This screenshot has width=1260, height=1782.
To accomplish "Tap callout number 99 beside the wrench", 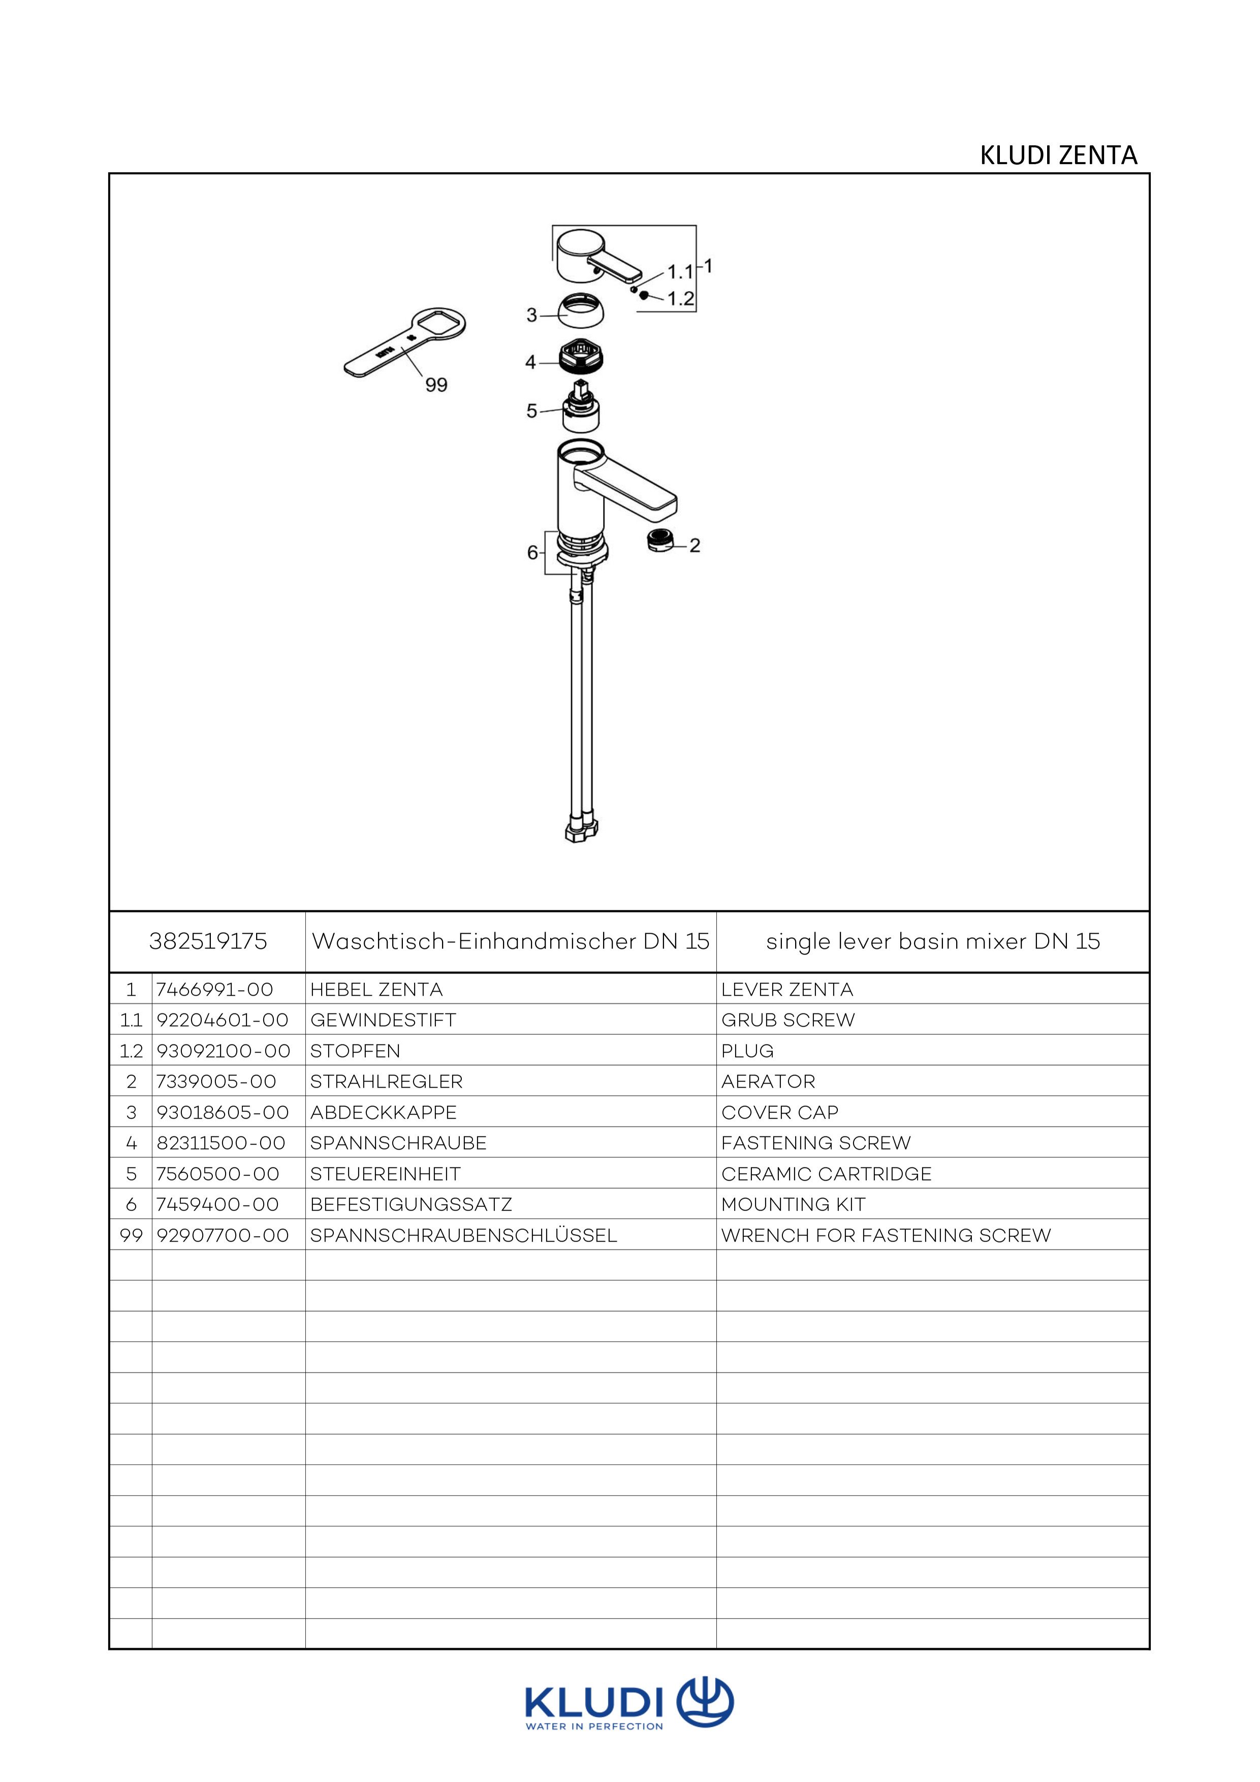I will [x=436, y=385].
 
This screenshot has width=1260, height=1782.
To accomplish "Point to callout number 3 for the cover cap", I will [x=532, y=315].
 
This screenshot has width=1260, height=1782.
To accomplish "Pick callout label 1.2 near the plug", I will [x=680, y=299].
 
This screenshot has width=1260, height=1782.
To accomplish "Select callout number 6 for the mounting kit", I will [x=532, y=553].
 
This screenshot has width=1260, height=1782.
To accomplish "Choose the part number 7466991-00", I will [x=214, y=990].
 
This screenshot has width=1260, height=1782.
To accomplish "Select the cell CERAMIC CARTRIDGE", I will [x=826, y=1173].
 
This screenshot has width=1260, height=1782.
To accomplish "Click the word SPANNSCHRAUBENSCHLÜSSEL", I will [x=463, y=1235].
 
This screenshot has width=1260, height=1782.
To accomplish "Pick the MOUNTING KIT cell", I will [x=793, y=1204].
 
